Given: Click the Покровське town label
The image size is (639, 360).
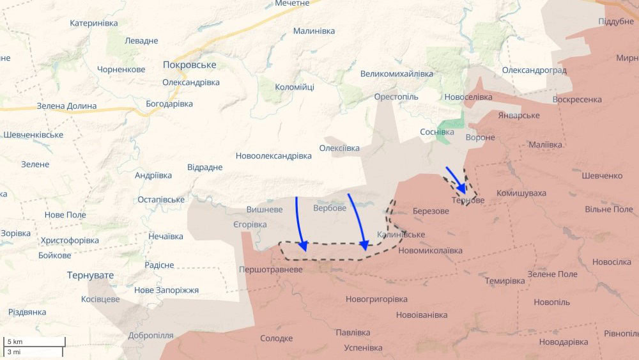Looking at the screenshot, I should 189,65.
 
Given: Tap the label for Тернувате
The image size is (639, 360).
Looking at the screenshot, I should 90,275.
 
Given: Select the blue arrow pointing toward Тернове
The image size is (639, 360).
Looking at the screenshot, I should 456,179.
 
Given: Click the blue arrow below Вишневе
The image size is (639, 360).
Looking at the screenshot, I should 300,224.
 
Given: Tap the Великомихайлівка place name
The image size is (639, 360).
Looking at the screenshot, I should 397,74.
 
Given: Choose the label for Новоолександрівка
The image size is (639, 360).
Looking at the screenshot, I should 273,155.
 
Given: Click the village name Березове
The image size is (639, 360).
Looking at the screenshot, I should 431,211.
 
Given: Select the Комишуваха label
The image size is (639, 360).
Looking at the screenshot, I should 521,193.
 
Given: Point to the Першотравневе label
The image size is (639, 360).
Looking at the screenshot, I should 270,270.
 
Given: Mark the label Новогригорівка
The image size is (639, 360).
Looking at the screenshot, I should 376,299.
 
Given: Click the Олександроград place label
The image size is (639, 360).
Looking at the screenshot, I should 534,70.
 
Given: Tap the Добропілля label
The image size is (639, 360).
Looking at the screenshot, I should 150,335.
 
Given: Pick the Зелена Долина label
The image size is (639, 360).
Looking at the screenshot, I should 66,106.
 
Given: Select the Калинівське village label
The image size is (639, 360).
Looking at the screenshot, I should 401,235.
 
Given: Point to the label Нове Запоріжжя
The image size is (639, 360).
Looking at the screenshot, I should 166,290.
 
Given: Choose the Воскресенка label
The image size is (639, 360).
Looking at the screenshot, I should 577,100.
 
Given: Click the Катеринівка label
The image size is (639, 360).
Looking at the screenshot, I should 94,23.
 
